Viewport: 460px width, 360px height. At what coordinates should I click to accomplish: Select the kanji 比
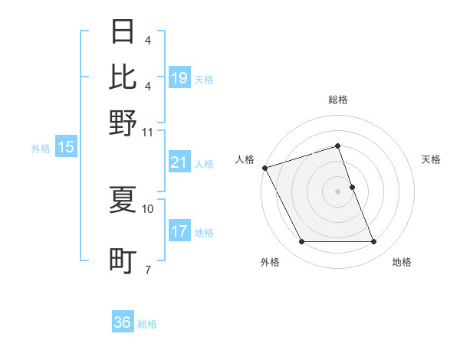123,77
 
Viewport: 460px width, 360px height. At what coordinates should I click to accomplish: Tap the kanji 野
123,122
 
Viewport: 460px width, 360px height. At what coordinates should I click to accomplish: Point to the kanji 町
123,261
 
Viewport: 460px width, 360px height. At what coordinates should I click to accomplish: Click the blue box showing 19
179,78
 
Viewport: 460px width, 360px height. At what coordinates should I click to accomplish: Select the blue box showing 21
179,162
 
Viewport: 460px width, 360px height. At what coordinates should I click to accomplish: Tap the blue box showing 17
179,231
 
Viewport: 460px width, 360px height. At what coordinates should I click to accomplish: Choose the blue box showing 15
66,148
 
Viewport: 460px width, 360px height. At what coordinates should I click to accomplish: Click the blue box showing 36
122,322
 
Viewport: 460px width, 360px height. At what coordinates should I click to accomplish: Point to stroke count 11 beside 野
149,133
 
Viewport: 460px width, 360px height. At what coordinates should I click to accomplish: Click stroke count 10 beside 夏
149,208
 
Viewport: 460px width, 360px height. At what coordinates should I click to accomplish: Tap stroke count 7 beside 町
148,270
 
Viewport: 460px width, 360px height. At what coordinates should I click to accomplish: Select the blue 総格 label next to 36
147,324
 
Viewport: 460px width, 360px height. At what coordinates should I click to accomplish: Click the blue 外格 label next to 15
41,149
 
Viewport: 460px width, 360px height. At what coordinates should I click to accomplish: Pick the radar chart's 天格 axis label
431,159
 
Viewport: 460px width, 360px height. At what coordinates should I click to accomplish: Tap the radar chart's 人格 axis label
245,159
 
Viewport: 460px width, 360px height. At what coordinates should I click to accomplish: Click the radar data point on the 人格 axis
265,168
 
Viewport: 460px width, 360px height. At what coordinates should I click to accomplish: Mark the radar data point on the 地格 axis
374,242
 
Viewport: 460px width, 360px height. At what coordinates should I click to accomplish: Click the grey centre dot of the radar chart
338,191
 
